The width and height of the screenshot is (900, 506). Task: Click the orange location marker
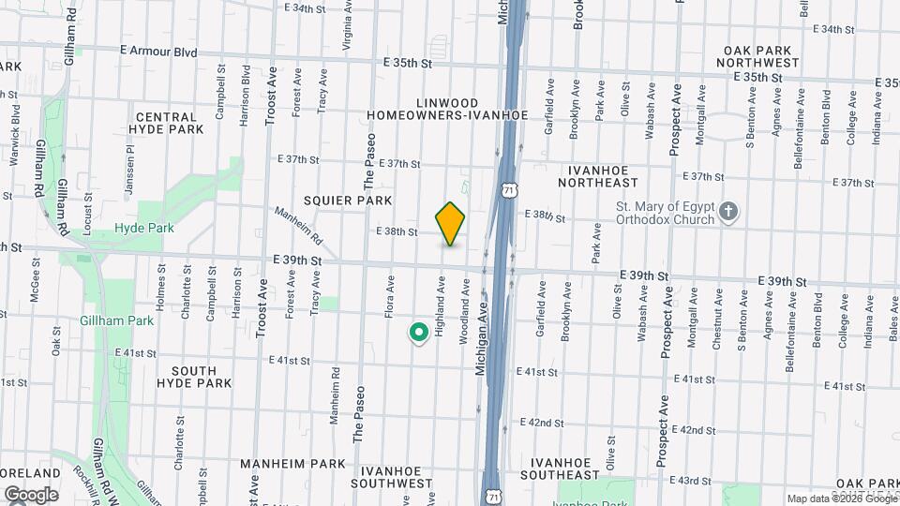pos(451,223)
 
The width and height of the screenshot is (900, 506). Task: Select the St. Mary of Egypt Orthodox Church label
pos(666,214)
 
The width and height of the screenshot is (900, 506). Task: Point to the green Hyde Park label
pos(144,228)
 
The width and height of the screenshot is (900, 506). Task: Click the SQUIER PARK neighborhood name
pos(348,201)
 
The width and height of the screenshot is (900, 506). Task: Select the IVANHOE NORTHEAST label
pos(604,176)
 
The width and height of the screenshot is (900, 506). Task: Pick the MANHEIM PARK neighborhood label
pos(280,464)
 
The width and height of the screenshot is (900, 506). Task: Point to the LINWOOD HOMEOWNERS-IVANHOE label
pos(447,109)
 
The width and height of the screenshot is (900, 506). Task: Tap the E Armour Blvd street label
pos(158,52)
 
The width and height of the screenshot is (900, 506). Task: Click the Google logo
pos(31,495)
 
